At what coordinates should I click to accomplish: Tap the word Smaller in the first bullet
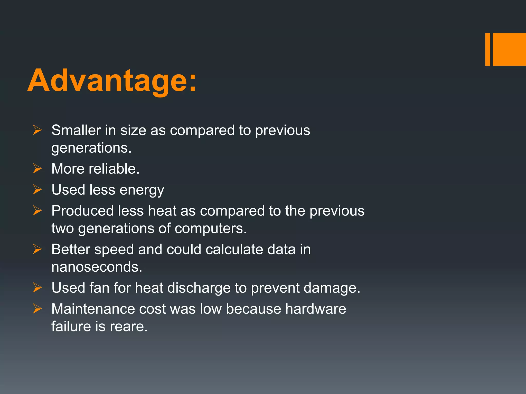[76, 130]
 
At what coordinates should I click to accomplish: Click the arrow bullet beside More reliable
[37, 169]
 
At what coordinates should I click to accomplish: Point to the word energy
[142, 190]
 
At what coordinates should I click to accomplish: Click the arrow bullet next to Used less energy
[37, 190]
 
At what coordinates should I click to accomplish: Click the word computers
[211, 228]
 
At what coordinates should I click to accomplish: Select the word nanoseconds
[97, 267]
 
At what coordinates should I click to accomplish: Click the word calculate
[234, 249]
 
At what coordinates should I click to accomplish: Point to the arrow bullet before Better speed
[37, 249]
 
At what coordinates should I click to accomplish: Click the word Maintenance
[93, 309]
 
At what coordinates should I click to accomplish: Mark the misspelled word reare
[129, 327]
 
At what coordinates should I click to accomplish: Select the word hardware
[316, 309]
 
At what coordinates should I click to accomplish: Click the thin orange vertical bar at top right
[487, 49]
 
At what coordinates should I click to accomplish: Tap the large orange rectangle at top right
[509, 49]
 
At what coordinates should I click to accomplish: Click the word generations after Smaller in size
[91, 148]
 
